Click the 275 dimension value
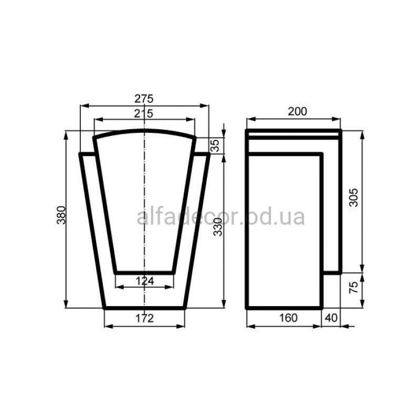point(144,99)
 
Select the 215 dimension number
point(143,113)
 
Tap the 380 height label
point(61,215)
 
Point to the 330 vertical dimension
point(218,227)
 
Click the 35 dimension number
point(215,145)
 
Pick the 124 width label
point(145,281)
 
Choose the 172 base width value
point(145,318)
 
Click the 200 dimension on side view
point(297,111)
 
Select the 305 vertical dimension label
point(353,198)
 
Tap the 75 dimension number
point(354,287)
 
